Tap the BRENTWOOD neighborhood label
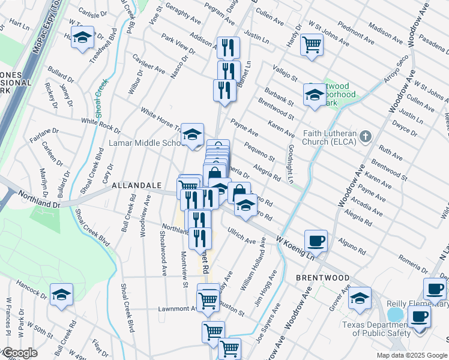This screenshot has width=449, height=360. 323,278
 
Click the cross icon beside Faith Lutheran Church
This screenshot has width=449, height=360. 366,137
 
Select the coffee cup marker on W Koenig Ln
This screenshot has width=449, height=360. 316,241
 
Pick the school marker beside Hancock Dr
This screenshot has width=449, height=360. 61,295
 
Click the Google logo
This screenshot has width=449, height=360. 19,353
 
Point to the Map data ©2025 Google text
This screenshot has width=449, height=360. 411,355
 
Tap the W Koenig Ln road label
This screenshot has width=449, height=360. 295,247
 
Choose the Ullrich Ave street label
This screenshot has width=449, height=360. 241,236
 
